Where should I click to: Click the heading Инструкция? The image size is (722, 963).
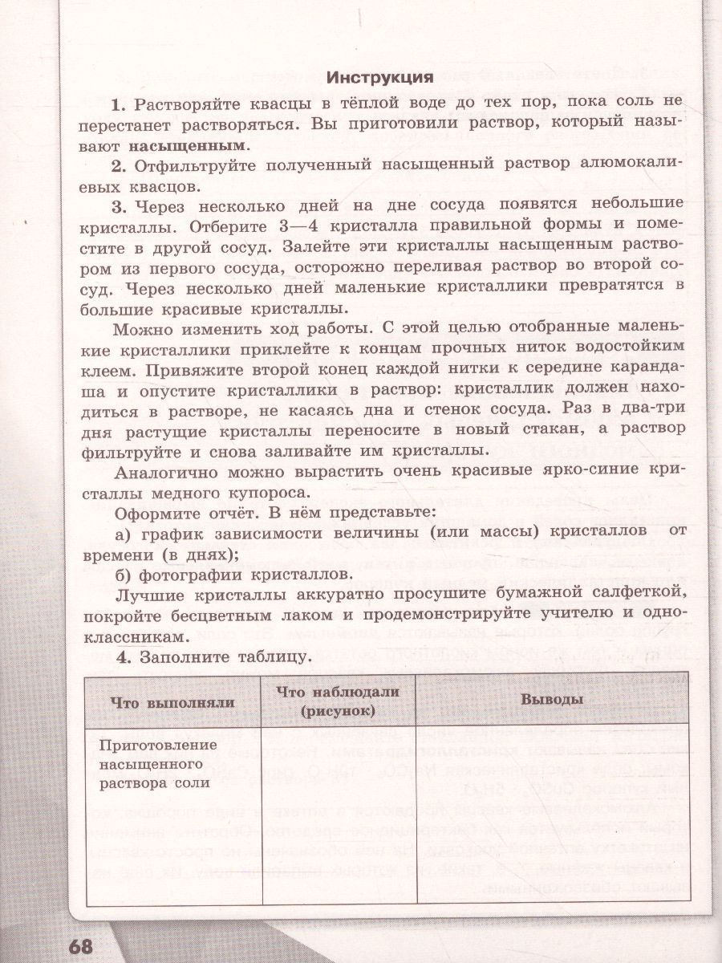tap(380, 78)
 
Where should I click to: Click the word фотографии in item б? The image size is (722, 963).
tap(201, 575)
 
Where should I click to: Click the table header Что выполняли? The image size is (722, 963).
tap(172, 701)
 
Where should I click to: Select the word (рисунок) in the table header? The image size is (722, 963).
tap(339, 711)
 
